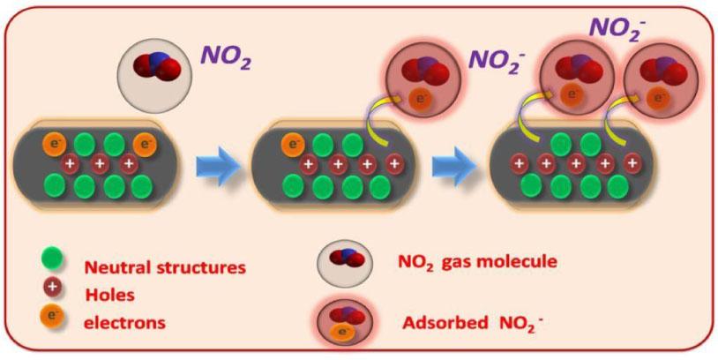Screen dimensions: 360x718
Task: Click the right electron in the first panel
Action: pyautogui.click(x=142, y=144)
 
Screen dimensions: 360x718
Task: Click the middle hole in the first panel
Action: pyautogui.click(x=100, y=164)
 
